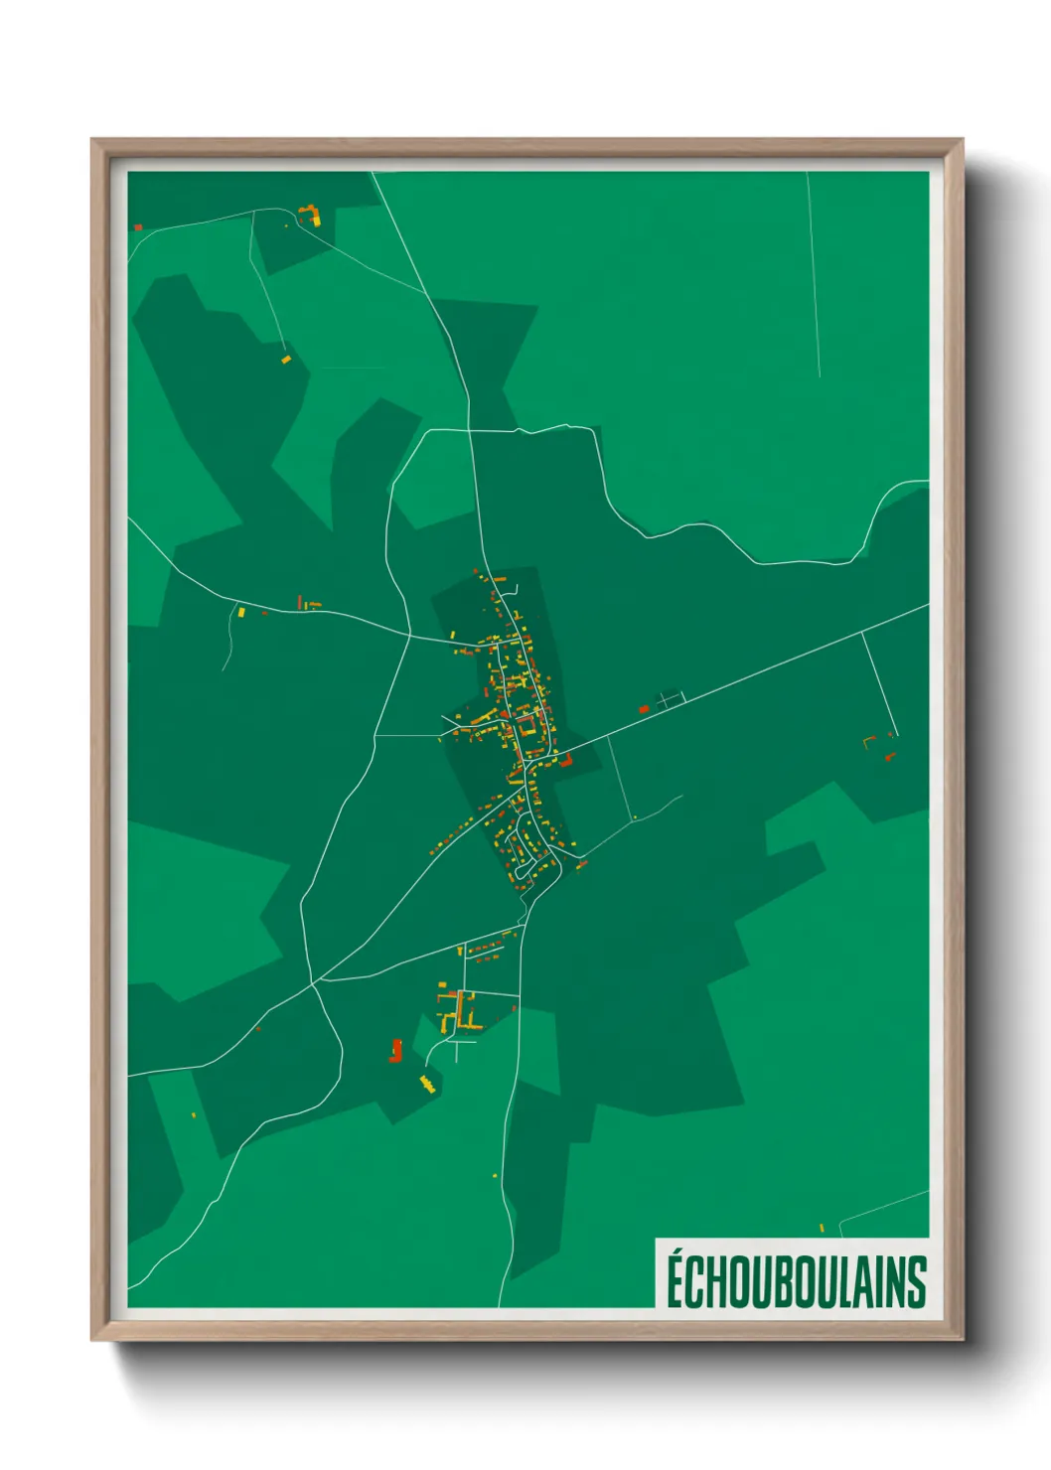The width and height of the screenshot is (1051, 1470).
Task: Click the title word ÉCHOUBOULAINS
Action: pos(796,1280)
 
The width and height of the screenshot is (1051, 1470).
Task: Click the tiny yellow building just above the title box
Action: pos(822,1229)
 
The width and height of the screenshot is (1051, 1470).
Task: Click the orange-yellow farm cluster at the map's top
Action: pos(312,215)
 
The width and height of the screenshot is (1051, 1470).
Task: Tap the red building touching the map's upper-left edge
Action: pos(138,227)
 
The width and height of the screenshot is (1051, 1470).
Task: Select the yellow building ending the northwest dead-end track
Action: pos(285,359)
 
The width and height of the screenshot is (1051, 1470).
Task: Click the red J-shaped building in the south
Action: pos(396,1051)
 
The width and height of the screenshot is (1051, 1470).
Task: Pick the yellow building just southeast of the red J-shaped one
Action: pos(428,1084)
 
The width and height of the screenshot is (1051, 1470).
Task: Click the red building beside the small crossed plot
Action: pos(644,709)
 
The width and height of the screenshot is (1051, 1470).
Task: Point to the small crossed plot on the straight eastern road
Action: pos(671,698)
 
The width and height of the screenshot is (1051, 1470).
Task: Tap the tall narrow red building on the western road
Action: pos(300,601)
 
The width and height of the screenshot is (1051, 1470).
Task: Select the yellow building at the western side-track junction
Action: pos(240,612)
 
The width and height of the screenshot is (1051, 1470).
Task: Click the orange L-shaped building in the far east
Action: pos(870,740)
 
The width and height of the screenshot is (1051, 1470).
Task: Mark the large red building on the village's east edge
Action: pos(566,762)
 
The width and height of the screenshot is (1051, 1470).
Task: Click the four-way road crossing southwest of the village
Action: pos(313,982)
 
